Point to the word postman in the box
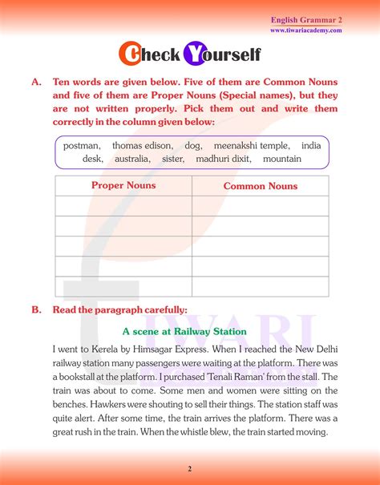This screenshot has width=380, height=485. [x=82, y=146]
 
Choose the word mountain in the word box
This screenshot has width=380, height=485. [x=282, y=159]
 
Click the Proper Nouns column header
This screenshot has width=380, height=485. [x=123, y=185]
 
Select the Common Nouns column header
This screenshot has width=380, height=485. [x=260, y=186]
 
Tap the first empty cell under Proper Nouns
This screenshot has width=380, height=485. [x=123, y=206]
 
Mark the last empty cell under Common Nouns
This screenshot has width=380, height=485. [x=260, y=286]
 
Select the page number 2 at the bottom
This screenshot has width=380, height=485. [x=190, y=469]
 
